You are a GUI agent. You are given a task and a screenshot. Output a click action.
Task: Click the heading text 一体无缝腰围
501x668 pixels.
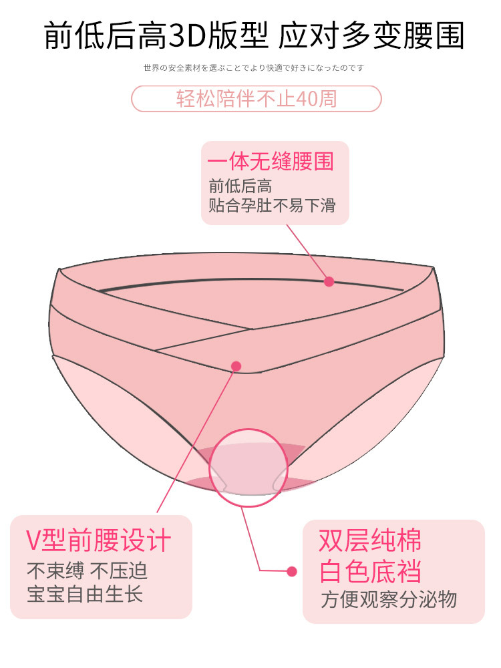click(270, 162)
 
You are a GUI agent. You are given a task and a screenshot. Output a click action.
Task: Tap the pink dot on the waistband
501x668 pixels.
click(329, 281)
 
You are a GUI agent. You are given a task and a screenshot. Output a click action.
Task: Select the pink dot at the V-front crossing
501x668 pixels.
click(236, 365)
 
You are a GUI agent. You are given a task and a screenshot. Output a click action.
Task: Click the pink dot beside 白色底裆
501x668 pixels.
click(291, 571)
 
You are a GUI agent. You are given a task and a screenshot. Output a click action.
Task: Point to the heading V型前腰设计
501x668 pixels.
click(99, 540)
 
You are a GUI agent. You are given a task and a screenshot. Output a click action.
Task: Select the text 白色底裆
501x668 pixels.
click(371, 572)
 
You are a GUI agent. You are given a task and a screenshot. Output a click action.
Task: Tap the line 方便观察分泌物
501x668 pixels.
click(389, 599)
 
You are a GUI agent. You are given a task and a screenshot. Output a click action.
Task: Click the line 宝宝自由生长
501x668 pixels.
click(85, 594)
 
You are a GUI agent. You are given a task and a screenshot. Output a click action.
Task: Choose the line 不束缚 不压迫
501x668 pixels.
click(87, 571)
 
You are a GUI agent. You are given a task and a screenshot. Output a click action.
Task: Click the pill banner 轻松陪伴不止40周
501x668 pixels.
click(256, 98)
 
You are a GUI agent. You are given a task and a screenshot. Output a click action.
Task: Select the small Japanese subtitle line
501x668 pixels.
click(254, 68)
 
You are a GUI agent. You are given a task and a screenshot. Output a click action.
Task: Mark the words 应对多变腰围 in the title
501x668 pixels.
click(371, 35)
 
